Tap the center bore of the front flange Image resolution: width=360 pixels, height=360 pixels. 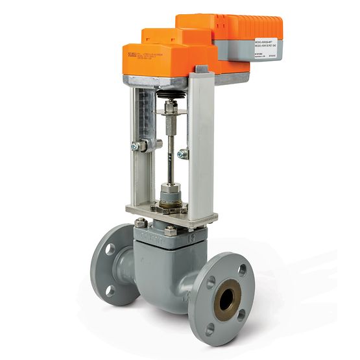point(226,299)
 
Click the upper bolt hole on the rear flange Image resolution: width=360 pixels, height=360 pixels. point(110,248)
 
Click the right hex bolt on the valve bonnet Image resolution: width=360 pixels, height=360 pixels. point(170,230)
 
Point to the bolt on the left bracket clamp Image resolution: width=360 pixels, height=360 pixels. point(136,147)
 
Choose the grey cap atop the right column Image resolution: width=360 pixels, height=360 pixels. point(201,68)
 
